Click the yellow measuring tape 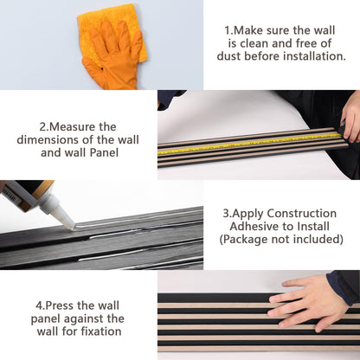249,143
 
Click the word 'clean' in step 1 254,43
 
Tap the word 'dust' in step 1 229,56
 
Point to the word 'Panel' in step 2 104,152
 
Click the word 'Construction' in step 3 301,214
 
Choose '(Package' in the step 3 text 240,240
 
